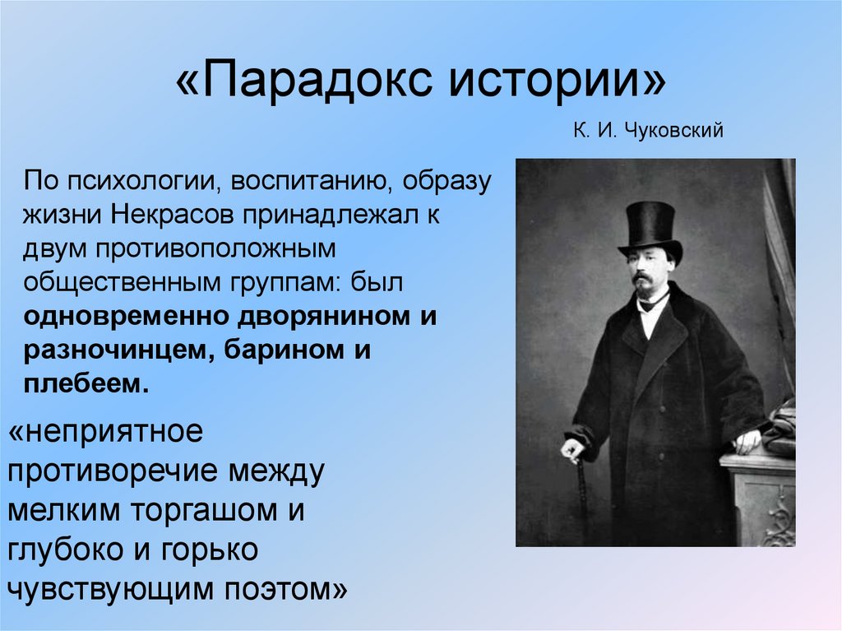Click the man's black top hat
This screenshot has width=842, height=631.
[650, 225]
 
